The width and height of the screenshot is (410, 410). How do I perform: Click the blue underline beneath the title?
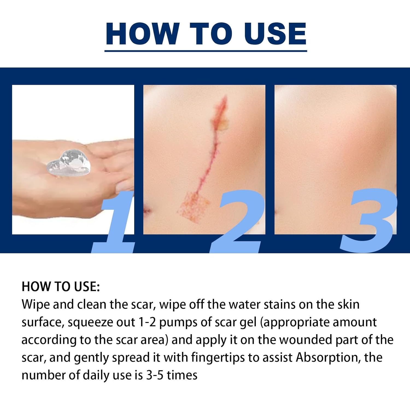click(206, 51)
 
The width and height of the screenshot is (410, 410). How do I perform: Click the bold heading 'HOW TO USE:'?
click(61, 287)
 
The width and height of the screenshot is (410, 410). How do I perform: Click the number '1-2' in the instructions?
click(147, 322)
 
